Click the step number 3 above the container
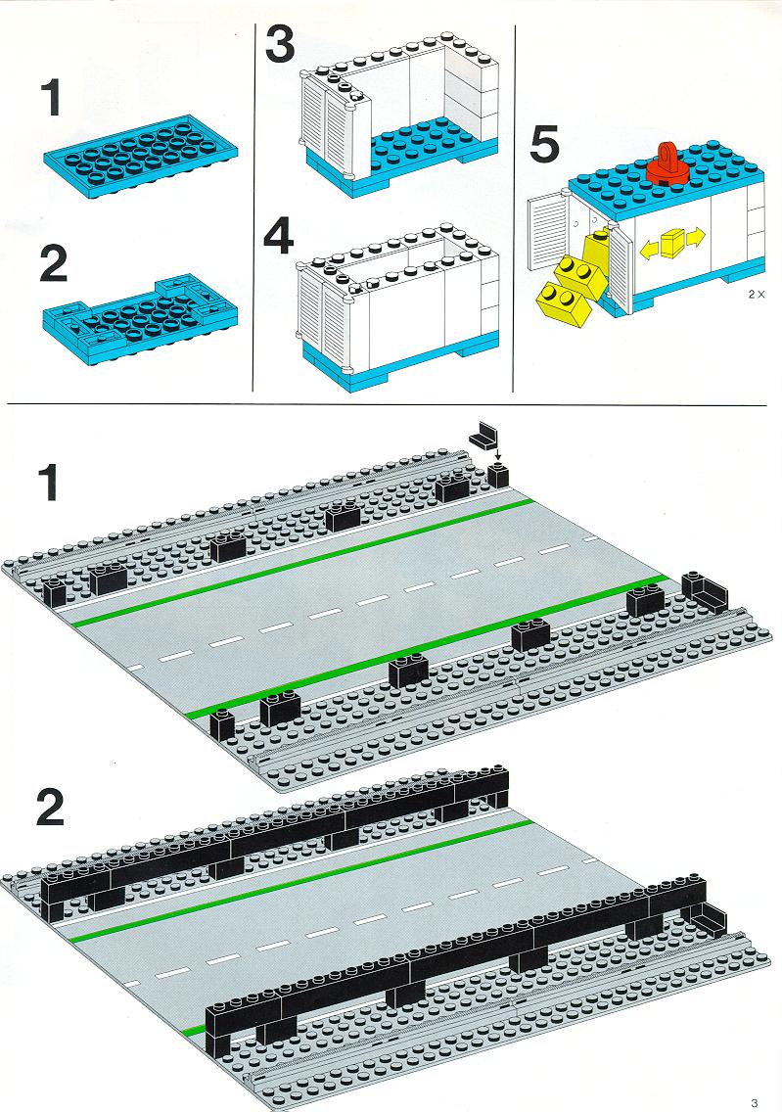point(279,44)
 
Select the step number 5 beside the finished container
point(544,145)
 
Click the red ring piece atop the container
point(667,163)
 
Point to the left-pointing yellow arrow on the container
point(650,248)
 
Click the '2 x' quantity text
point(757,294)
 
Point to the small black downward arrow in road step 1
point(498,455)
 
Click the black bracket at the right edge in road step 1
point(705,591)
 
